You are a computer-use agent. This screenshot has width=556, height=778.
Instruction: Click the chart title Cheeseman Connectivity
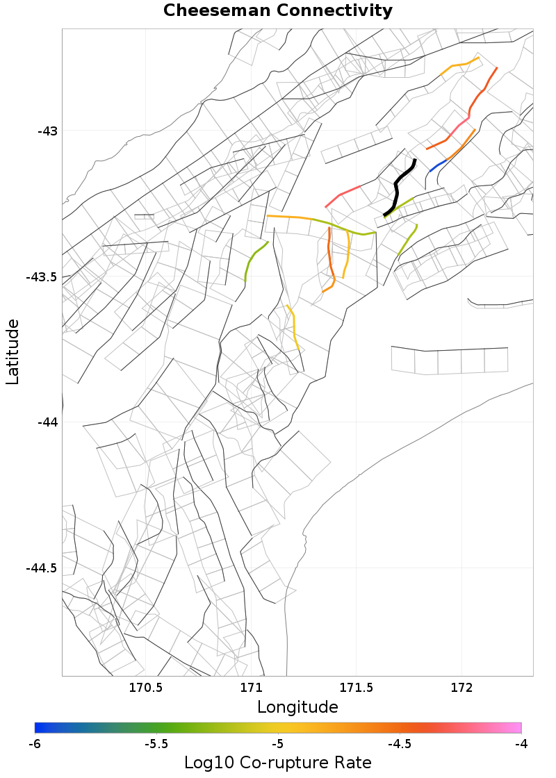[278, 11]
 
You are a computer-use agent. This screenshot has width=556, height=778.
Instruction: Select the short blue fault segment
[438, 165]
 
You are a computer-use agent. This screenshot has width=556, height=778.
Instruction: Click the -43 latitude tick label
[47, 131]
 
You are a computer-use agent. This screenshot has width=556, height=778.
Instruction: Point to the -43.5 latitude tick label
[41, 277]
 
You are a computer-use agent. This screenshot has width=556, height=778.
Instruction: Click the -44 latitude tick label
[47, 422]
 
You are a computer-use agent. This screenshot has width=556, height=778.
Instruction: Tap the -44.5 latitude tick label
[41, 568]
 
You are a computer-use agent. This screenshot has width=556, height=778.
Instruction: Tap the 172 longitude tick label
[462, 688]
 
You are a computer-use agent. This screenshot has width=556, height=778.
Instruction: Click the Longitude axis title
[297, 707]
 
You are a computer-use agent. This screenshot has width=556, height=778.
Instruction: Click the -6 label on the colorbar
[35, 744]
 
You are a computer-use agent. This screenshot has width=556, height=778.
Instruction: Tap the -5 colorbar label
[278, 744]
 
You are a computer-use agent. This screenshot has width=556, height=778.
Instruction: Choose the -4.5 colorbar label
[400, 744]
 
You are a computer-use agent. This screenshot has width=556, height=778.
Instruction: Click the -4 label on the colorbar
[521, 744]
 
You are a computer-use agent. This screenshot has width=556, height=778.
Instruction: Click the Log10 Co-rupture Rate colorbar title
[278, 763]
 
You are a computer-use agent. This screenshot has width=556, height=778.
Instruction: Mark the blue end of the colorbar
[39, 727]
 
